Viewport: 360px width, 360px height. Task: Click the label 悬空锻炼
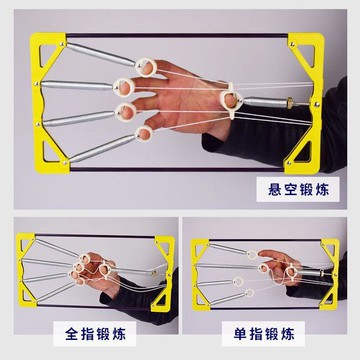(298, 189)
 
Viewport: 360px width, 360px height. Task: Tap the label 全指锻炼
(95, 334)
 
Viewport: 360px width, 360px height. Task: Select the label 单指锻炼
(264, 334)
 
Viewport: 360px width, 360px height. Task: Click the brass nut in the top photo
(291, 103)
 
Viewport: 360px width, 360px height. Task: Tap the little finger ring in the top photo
(144, 134)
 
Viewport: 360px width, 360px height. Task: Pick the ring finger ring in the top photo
(126, 112)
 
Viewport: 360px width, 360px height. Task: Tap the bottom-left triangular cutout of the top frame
(50, 153)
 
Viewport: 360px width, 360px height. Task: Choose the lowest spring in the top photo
(101, 149)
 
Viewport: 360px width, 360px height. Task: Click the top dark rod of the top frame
(177, 35)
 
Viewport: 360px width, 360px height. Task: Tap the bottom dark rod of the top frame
(177, 169)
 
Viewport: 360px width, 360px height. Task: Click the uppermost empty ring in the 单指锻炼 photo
(252, 255)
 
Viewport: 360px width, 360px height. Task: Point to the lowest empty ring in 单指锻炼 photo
(249, 293)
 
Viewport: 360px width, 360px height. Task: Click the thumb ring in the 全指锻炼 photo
(105, 270)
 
